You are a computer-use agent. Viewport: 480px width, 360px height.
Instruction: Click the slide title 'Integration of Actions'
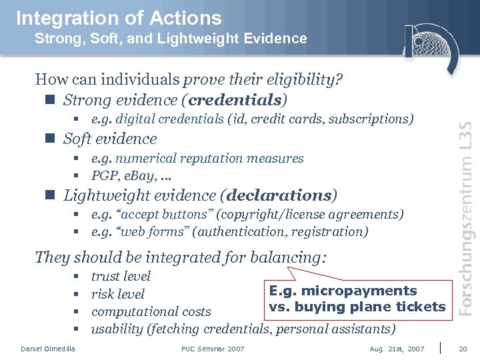118,17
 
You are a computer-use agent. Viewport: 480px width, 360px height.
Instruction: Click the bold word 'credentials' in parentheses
237,100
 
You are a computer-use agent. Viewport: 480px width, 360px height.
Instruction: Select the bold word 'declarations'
279,195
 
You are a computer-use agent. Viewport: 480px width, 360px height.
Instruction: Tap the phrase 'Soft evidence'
110,139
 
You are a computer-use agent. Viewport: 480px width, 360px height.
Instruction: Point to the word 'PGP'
104,175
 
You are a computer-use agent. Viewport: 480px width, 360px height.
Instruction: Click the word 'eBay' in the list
137,175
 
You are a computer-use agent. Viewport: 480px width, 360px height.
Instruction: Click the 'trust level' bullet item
121,276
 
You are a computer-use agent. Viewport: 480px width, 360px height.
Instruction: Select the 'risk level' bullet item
117,294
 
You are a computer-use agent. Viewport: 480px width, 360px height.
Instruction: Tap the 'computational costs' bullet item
151,311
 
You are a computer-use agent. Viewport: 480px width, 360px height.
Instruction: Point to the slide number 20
463,349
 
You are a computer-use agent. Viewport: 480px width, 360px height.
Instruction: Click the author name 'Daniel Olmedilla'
48,349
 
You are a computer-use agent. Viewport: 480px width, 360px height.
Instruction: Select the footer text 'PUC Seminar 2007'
213,349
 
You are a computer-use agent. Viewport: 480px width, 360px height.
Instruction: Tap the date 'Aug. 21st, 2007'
397,349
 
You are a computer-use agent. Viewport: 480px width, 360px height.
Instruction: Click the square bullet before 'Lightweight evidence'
49,196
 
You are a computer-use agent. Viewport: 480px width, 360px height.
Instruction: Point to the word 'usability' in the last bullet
113,329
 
